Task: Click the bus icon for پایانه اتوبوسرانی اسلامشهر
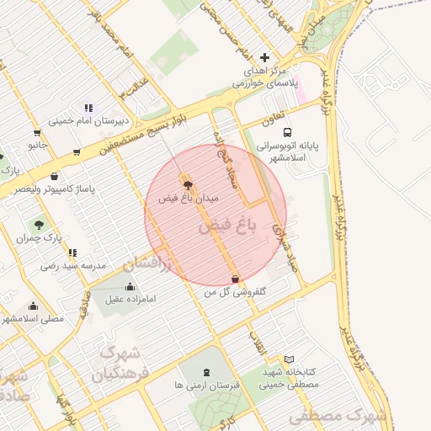coord(288,132)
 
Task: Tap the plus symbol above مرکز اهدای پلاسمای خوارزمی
coord(264,58)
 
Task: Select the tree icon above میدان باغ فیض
coord(186,183)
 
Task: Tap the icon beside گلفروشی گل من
coord(235,279)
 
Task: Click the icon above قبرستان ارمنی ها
coord(206,371)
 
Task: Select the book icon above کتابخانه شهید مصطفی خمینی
coord(290,359)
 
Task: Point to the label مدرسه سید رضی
coord(73,265)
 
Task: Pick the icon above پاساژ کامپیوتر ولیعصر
coord(55,176)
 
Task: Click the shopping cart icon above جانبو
coord(37,132)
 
